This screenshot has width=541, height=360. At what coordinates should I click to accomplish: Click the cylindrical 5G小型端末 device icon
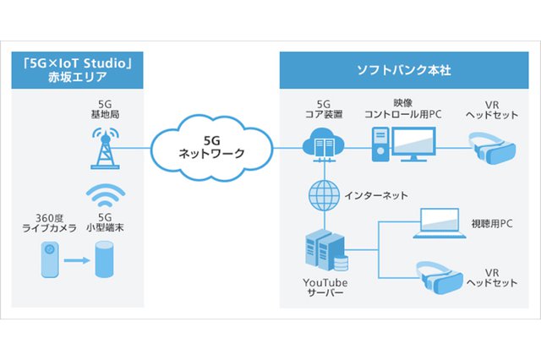pos(105,258)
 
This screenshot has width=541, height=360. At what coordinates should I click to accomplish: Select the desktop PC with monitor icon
pos(403,144)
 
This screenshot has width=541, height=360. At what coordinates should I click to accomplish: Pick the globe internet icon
pos(321,196)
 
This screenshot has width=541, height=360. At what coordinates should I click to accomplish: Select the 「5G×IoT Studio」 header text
pos(73,62)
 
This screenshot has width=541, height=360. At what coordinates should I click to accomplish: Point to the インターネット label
pos(375,195)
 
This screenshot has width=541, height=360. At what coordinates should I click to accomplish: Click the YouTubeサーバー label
pos(325,287)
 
